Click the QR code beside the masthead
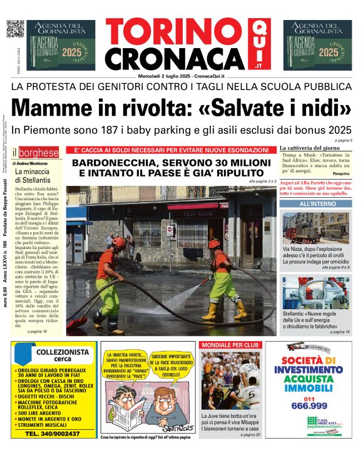[x=14, y=29]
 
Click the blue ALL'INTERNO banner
[x=317, y=204]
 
